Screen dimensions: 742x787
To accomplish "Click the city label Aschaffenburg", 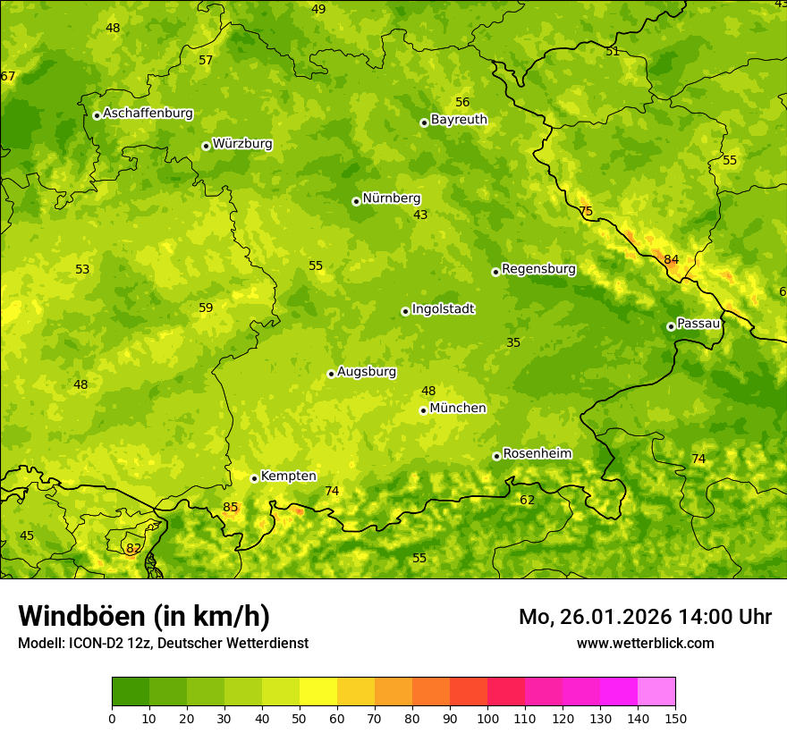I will [148, 114].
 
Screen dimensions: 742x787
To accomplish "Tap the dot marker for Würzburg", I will [206, 146].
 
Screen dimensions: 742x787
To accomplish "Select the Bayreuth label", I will [459, 120].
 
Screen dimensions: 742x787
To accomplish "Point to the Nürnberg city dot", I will [356, 201].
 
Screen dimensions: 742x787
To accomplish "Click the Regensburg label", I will [538, 269].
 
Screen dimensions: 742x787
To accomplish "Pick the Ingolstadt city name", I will [443, 309].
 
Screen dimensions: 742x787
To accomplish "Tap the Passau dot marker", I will [671, 326].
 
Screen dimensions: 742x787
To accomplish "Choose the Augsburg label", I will [366, 372].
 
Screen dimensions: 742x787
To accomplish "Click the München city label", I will [458, 409].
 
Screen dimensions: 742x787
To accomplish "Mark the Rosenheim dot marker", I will [496, 456].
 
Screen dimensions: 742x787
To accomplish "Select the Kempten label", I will [288, 476].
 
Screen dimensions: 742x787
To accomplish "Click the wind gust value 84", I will [671, 260].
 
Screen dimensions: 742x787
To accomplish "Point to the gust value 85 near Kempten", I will [231, 508].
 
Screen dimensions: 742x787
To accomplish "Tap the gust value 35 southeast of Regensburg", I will [513, 342].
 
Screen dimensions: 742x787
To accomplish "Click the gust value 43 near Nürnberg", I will [420, 215].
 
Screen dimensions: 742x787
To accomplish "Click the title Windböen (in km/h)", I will [144, 616].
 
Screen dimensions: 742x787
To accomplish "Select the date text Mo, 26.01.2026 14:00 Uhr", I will [645, 617].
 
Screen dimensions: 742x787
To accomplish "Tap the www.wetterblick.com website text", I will [645, 643].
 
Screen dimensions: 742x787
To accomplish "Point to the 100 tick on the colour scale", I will [487, 718].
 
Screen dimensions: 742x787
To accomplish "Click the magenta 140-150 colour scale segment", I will [656, 692].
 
